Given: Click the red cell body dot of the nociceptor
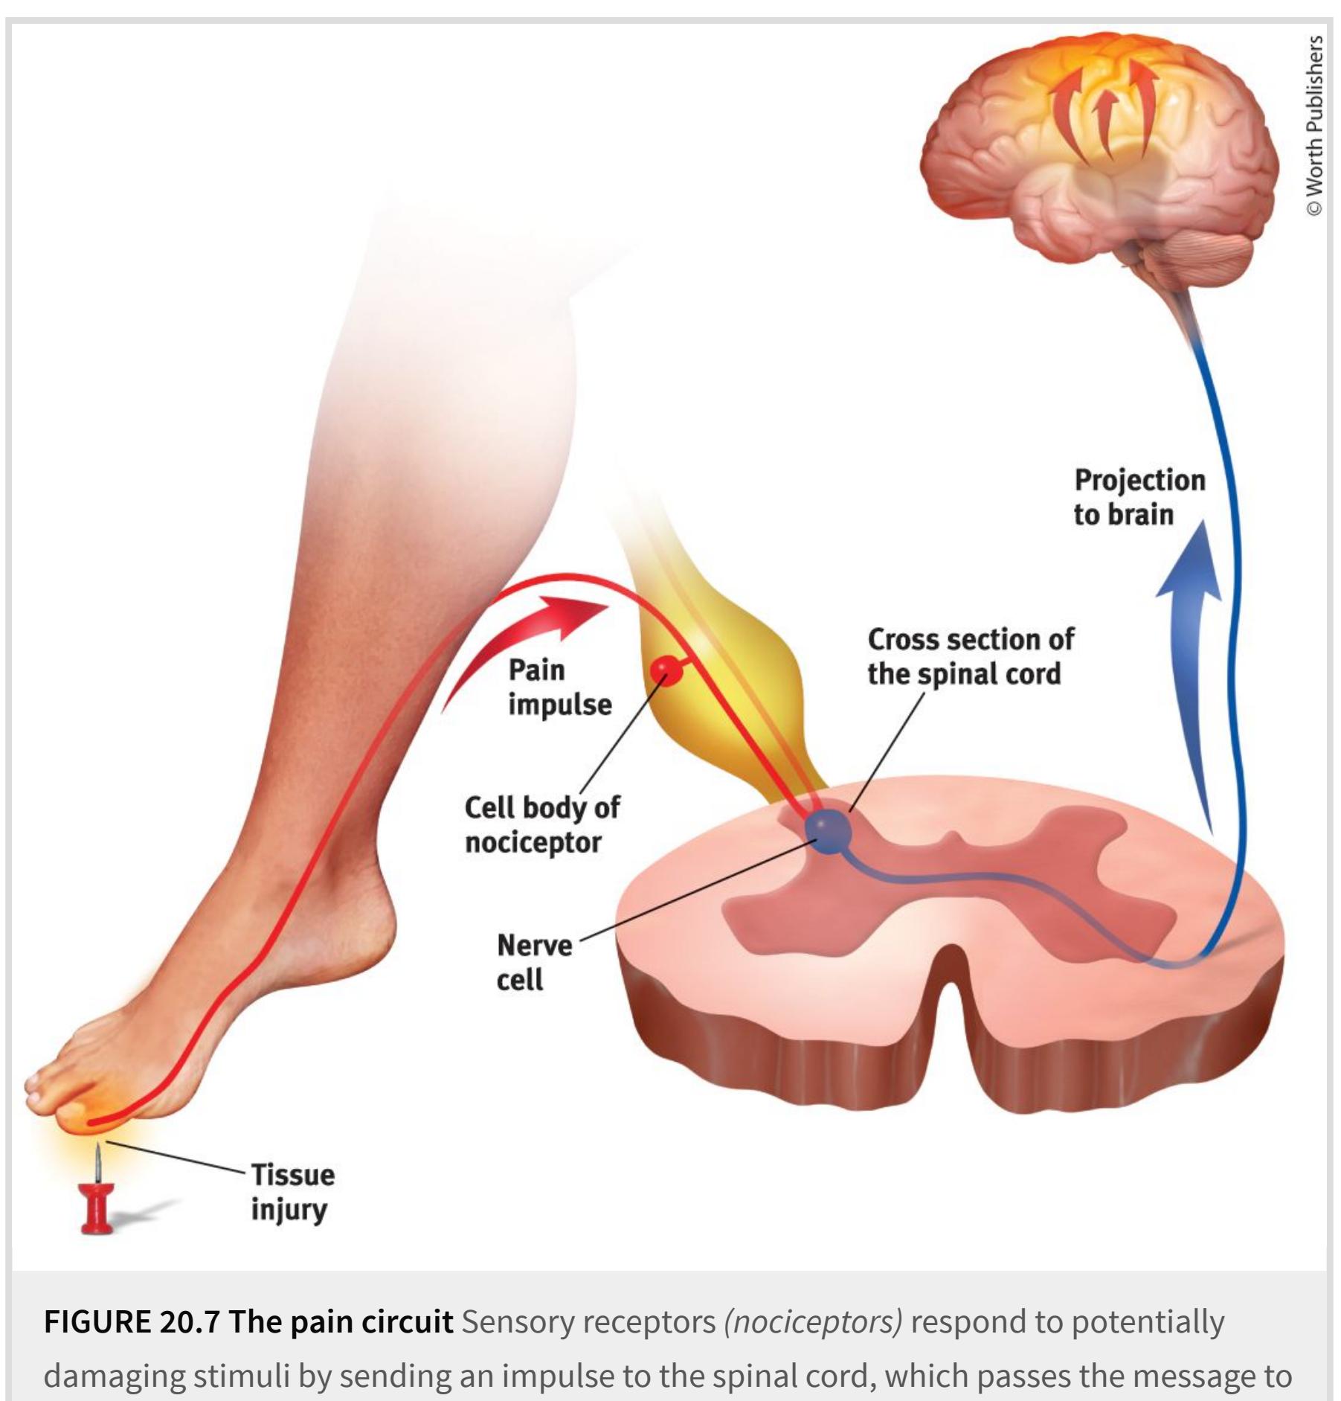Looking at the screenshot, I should click(665, 671).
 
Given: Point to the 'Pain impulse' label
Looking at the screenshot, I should click(559, 687).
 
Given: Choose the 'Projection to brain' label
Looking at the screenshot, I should click(1139, 496).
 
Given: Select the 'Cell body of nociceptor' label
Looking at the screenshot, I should click(541, 824).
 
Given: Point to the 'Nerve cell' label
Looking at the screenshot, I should click(533, 962).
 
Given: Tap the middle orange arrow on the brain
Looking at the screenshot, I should click(1106, 123).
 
